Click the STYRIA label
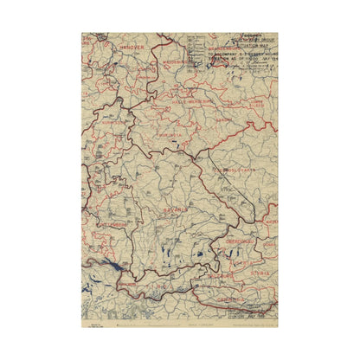click(261, 274)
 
